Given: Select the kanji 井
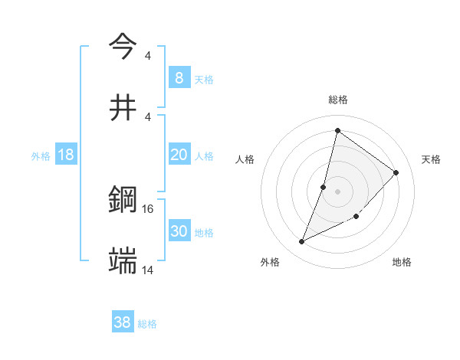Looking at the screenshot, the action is pyautogui.click(x=123, y=107).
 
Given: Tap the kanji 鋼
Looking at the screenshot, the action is pyautogui.click(x=123, y=201).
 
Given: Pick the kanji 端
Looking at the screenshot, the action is pyautogui.click(x=123, y=262).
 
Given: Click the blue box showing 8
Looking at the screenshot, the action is pyautogui.click(x=179, y=77).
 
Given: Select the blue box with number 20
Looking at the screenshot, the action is pyautogui.click(x=179, y=155).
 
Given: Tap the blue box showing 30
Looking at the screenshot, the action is pyautogui.click(x=179, y=231).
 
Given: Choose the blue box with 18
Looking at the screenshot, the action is pyautogui.click(x=66, y=155).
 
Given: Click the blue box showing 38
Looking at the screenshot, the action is pyautogui.click(x=123, y=322).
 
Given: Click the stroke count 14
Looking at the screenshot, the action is pyautogui.click(x=148, y=270).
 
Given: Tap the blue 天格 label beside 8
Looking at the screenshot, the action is pyautogui.click(x=203, y=79).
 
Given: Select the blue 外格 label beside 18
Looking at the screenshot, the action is pyautogui.click(x=41, y=156).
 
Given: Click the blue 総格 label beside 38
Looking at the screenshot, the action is pyautogui.click(x=147, y=324).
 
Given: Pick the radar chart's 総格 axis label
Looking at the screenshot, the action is pyautogui.click(x=337, y=100).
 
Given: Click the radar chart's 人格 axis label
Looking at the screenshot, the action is pyautogui.click(x=245, y=159).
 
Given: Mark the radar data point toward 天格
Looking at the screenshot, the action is pyautogui.click(x=396, y=172).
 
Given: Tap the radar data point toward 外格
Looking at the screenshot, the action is pyautogui.click(x=301, y=242).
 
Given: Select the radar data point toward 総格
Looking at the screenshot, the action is pyautogui.click(x=337, y=130).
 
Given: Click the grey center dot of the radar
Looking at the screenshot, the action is pyautogui.click(x=337, y=190).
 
